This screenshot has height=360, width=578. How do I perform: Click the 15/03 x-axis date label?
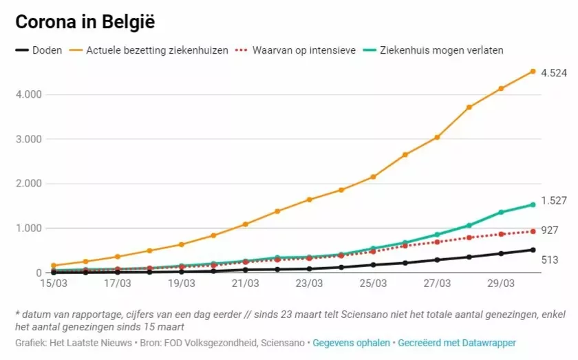pyautogui.click(x=53, y=284)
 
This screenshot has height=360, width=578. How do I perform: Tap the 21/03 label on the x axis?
pyautogui.click(x=245, y=284)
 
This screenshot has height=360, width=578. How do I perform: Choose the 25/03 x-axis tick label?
pyautogui.click(x=373, y=284)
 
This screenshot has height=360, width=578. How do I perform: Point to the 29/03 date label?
pyautogui.click(x=501, y=284)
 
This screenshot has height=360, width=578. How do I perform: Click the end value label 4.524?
pyautogui.click(x=554, y=72)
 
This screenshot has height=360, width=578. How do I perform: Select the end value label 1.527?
pyautogui.click(x=554, y=201)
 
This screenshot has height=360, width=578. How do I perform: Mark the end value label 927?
pyautogui.click(x=550, y=231)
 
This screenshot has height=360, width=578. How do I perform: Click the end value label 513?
pyautogui.click(x=550, y=260)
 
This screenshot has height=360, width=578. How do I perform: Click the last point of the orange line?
pyautogui.click(x=533, y=71)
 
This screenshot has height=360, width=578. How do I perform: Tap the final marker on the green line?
pyautogui.click(x=533, y=204)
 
